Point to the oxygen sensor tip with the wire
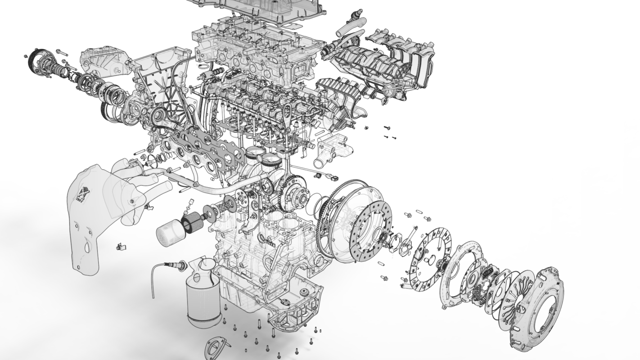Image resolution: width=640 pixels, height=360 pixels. coord(182,266)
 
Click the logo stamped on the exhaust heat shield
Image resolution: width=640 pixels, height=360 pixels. coord(84,194)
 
